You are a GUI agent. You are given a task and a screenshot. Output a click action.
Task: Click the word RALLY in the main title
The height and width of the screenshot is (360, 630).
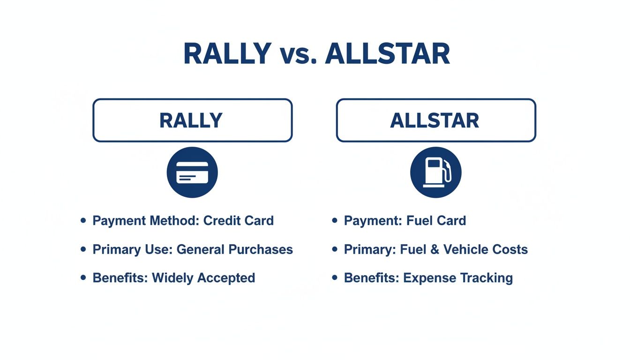tap(227, 54)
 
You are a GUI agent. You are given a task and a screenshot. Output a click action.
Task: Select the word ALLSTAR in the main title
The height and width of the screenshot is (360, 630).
tap(387, 54)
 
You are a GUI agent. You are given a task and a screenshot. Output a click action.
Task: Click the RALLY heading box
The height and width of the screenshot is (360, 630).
tap(192, 120)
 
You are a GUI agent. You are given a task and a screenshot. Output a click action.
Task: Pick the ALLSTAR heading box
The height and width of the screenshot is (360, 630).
tap(435, 120)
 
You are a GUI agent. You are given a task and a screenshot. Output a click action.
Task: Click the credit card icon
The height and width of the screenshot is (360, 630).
tap(192, 172)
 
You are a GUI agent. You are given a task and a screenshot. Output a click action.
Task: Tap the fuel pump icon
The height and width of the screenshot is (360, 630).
tap(435, 172)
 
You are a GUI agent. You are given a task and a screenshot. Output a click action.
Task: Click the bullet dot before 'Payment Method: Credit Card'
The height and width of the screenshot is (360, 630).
tap(83, 220)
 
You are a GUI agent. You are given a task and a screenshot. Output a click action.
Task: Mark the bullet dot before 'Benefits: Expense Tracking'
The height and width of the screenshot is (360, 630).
tap(335, 277)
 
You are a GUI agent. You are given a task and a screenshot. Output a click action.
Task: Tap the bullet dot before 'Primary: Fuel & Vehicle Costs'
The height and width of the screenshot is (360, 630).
tap(335, 249)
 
